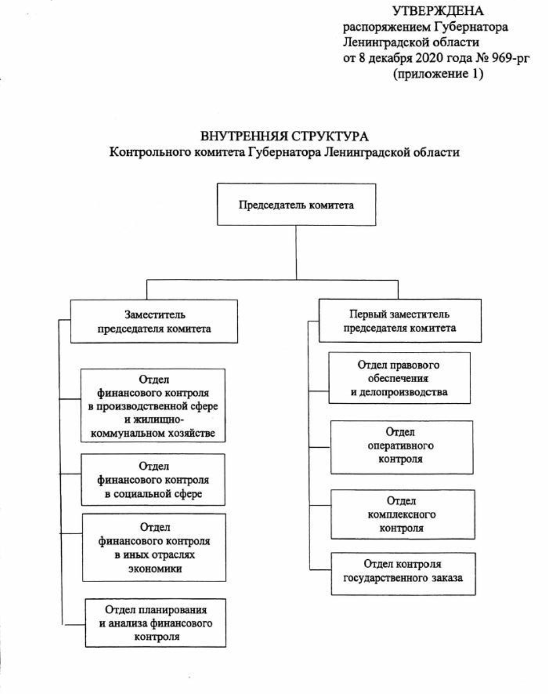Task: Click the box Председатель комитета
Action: click(x=296, y=205)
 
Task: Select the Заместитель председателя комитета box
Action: click(x=154, y=321)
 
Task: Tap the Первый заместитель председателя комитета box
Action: click(x=400, y=321)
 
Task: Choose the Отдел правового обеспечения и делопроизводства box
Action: click(x=400, y=378)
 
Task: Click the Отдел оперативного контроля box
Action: click(x=401, y=447)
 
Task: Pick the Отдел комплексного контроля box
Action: click(x=402, y=514)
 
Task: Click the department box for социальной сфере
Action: click(x=153, y=480)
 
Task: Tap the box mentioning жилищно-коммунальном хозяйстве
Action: click(x=153, y=406)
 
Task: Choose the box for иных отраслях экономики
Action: click(x=154, y=547)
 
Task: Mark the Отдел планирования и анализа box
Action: click(x=155, y=622)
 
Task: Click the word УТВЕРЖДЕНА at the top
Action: click(x=438, y=11)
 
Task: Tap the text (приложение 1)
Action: click(x=438, y=74)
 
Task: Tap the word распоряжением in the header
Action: click(x=383, y=27)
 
